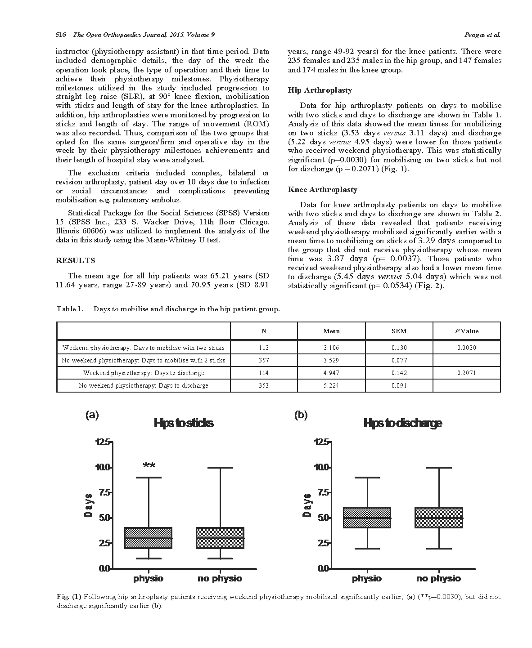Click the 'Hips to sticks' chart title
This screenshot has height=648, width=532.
(183, 423)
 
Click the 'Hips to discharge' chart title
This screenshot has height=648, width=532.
(402, 423)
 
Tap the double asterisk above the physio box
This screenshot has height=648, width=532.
(149, 466)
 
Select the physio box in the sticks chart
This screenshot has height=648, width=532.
(149, 538)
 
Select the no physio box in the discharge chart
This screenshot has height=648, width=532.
(439, 518)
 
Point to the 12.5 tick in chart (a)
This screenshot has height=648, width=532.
(103, 442)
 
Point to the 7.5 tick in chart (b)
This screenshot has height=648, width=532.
(321, 493)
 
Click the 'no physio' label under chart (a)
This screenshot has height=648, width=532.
(220, 579)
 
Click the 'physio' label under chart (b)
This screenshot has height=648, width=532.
(367, 579)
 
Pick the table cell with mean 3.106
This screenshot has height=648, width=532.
(331, 348)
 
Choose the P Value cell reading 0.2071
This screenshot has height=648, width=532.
(466, 373)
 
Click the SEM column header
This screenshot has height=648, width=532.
(399, 331)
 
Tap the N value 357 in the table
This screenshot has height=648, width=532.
(264, 360)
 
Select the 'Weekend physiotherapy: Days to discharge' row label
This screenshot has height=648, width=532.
(144, 373)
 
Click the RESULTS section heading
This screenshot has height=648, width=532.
(75, 260)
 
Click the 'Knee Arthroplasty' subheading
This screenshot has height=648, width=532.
(322, 190)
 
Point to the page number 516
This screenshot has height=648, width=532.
(61, 35)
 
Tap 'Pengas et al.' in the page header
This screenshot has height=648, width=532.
(482, 35)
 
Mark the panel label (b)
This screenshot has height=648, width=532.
(301, 415)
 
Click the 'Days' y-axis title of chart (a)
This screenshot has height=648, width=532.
(89, 505)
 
